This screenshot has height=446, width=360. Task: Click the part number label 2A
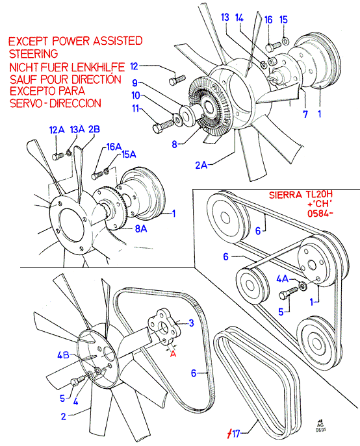(201, 165)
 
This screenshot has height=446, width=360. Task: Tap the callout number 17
(236, 434)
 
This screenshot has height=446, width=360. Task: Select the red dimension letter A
(173, 354)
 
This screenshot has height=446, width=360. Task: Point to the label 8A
(141, 229)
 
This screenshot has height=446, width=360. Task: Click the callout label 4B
(63, 355)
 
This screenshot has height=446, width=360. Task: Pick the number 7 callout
(305, 114)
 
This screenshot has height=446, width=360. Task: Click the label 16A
(114, 147)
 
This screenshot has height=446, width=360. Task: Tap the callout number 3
(192, 323)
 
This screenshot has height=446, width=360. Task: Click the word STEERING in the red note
(34, 54)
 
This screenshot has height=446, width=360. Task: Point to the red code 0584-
(320, 213)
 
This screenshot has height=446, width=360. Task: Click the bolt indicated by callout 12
(177, 80)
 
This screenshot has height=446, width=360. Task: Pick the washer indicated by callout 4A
(303, 286)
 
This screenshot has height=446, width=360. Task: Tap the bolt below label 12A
(58, 156)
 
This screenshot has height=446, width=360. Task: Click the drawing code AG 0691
(321, 425)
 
